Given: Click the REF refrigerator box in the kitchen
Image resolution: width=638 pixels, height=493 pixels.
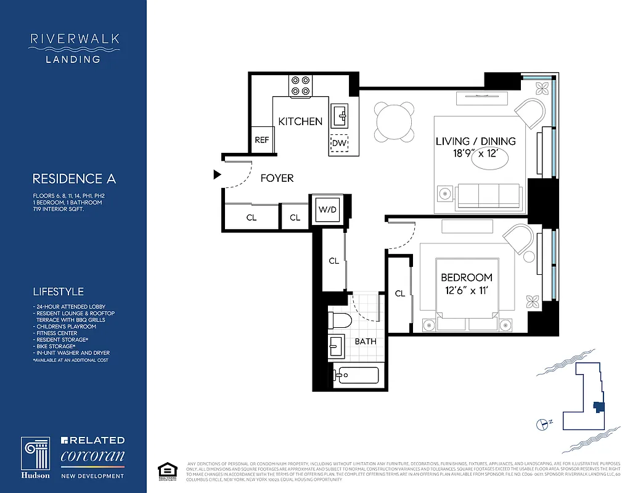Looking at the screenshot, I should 262,140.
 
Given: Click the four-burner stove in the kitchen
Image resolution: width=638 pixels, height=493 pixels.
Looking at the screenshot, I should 301,86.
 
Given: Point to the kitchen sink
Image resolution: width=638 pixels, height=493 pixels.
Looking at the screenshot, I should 340,115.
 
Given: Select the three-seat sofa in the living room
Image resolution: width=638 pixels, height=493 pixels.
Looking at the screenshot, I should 488,195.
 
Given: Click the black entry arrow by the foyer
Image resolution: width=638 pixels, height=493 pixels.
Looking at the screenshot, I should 216,175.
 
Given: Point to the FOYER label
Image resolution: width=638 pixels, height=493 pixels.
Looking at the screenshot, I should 277,178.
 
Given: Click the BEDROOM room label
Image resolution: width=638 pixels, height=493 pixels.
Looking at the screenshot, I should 465,277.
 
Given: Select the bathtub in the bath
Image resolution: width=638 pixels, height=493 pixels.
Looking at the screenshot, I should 356,375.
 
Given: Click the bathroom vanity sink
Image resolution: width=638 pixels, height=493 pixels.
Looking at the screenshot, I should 337,346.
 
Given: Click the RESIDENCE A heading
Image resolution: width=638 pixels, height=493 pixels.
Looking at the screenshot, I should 74,179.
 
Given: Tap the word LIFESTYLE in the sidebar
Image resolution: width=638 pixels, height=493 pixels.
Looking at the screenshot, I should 58,291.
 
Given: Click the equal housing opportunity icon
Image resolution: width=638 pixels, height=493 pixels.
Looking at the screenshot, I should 164,469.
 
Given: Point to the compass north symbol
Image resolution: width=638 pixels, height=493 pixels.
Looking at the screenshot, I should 542,423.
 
